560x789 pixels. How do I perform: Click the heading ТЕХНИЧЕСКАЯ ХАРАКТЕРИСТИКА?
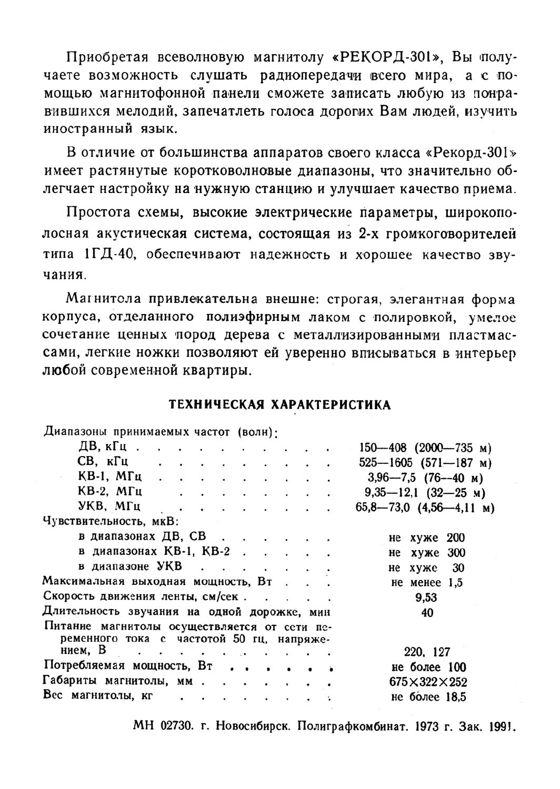[279, 404]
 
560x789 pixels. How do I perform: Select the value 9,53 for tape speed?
[426, 597]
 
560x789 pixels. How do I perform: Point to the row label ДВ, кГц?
[107, 448]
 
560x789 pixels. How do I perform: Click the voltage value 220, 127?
[427, 652]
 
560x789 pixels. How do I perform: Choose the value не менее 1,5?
[427, 582]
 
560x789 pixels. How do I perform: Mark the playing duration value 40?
[427, 612]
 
